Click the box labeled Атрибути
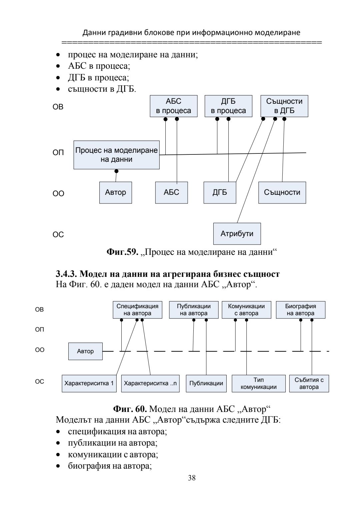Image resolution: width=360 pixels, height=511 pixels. pos(237,234)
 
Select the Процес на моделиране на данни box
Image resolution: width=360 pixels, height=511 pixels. pos(116,155)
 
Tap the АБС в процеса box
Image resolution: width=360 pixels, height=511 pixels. pos(173,106)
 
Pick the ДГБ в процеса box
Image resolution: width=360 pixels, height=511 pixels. pos(228,106)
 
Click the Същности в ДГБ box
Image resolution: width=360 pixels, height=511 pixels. pos(284,106)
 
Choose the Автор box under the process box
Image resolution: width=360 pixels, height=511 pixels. pos(115,192)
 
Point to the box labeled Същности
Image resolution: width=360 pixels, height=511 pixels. pos(282,192)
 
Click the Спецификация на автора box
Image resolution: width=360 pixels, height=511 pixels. pos(137,310)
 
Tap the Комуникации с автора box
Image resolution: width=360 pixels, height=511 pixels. pos(246,310)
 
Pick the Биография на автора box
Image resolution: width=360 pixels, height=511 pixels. pos(300,310)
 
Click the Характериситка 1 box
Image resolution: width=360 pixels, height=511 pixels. pos(89,383)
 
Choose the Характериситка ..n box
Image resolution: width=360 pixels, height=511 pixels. pos(150,383)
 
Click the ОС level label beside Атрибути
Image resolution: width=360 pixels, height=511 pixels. pos(58,235)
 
